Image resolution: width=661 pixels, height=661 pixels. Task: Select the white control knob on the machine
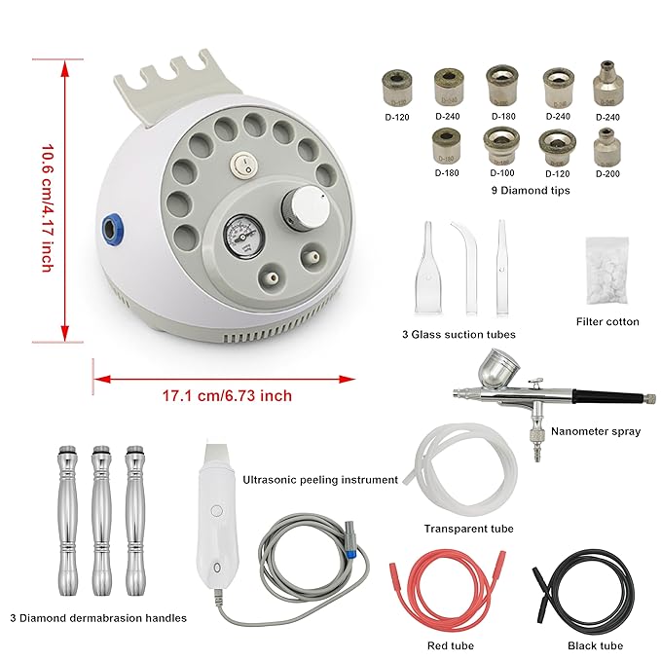297,207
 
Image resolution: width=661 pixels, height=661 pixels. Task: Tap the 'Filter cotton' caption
607,321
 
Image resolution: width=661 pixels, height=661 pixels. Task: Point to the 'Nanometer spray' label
595,431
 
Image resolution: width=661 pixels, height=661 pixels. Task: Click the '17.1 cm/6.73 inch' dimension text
227,395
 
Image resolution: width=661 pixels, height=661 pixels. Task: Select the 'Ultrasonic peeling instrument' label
320,480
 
